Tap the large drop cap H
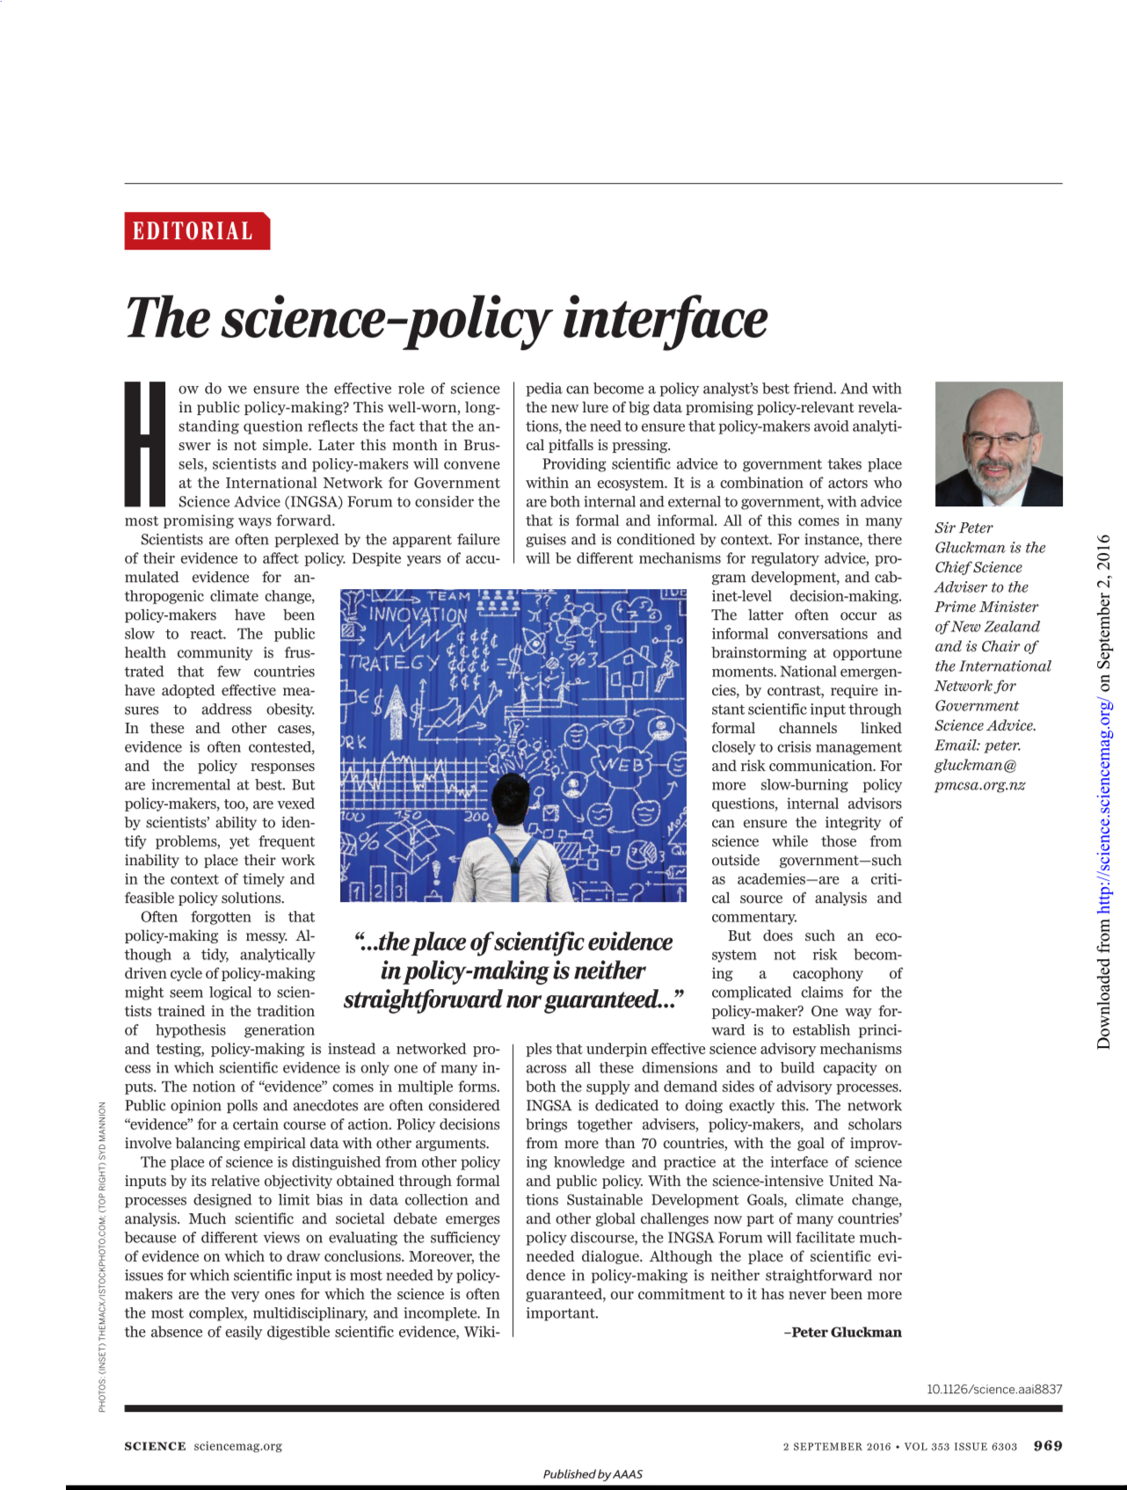tap(146, 444)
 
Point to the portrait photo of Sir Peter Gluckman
tap(998, 444)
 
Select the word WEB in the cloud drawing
tap(621, 764)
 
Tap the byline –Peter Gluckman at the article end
tap(843, 1332)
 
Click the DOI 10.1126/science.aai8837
tap(994, 1389)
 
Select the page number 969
tap(1048, 1445)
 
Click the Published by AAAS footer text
tap(593, 1474)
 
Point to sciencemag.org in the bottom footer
tap(238, 1446)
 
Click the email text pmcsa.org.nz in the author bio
tap(979, 785)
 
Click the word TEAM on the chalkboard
tap(449, 597)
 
